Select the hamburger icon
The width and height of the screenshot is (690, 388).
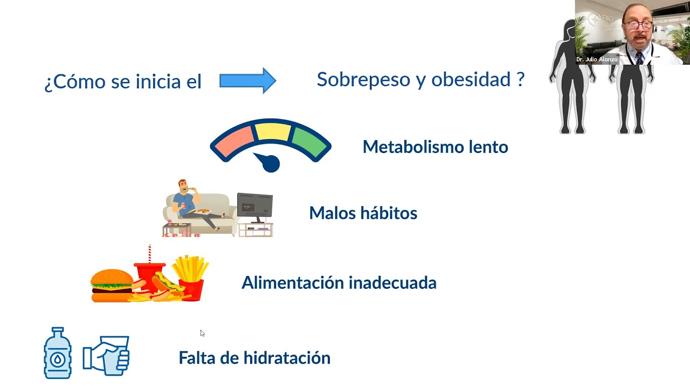click(x=112, y=286)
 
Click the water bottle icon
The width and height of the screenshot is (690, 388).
click(x=57, y=354)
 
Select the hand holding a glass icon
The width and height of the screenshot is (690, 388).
click(x=107, y=355)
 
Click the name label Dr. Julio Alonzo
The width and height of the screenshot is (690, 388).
click(x=596, y=59)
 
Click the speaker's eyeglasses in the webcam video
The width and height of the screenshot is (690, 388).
click(x=638, y=24)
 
